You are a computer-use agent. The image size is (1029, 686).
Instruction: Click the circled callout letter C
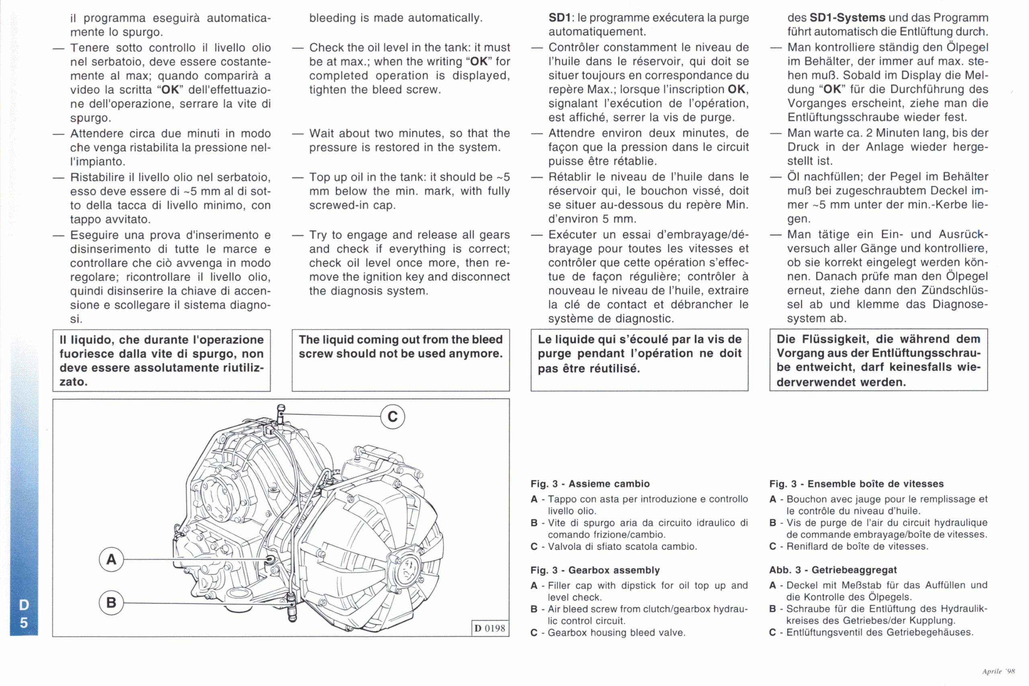[x=392, y=417]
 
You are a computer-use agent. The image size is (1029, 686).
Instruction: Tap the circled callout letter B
[x=111, y=602]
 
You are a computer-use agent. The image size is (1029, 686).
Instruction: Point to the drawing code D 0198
[x=490, y=628]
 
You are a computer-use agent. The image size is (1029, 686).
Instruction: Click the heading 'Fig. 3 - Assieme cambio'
[x=590, y=484]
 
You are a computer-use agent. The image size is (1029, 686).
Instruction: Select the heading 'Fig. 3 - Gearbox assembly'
[x=595, y=570]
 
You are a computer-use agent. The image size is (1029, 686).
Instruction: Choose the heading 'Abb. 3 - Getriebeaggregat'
[x=833, y=570]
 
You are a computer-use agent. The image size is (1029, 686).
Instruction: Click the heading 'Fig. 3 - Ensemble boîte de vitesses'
[x=856, y=484]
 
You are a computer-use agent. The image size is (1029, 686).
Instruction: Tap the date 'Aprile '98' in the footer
[x=998, y=671]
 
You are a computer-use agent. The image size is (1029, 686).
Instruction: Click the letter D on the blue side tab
[x=24, y=605]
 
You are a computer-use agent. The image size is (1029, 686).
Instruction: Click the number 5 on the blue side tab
[x=24, y=622]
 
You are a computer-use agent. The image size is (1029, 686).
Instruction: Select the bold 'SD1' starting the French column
[x=560, y=18]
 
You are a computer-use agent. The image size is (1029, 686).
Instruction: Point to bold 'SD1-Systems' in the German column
[x=847, y=18]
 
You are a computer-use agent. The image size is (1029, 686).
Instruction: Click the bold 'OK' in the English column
[x=479, y=61]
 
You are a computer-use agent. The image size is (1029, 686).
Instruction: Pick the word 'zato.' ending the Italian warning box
[x=74, y=382]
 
